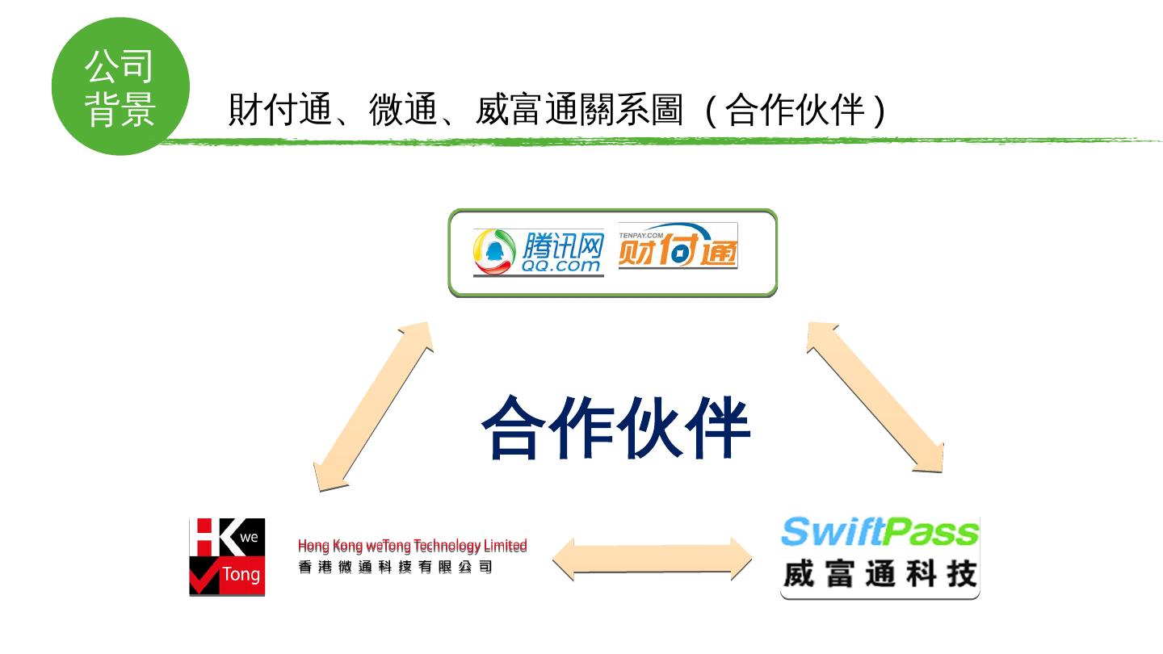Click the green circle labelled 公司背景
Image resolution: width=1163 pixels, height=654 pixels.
120,86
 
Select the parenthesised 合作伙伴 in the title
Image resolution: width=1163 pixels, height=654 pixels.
796,111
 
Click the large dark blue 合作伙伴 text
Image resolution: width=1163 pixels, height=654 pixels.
616,426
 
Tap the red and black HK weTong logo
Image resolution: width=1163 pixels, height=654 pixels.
227,557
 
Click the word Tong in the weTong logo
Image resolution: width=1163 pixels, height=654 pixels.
241,575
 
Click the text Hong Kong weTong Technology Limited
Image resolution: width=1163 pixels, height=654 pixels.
412,546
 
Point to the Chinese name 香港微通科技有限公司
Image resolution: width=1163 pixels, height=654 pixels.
395,567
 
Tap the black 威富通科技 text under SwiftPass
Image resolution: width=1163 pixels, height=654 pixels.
880,575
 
